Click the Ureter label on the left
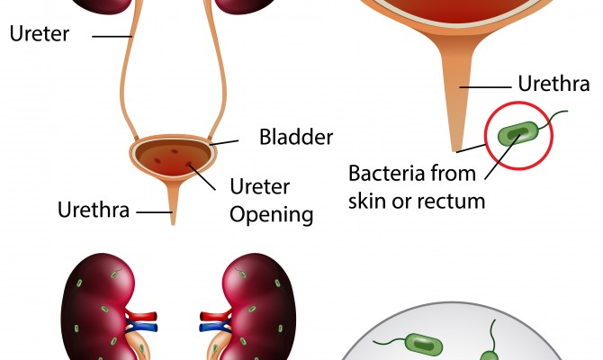[40, 33]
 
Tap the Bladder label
[296, 137]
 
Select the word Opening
[272, 214]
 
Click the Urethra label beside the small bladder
[94, 210]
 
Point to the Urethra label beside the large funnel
[553, 84]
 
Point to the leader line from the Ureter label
[112, 37]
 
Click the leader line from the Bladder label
[224, 143]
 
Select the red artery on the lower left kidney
[141, 316]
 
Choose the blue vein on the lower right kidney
[215, 328]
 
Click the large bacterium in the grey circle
[424, 344]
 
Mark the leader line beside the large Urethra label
[485, 87]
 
